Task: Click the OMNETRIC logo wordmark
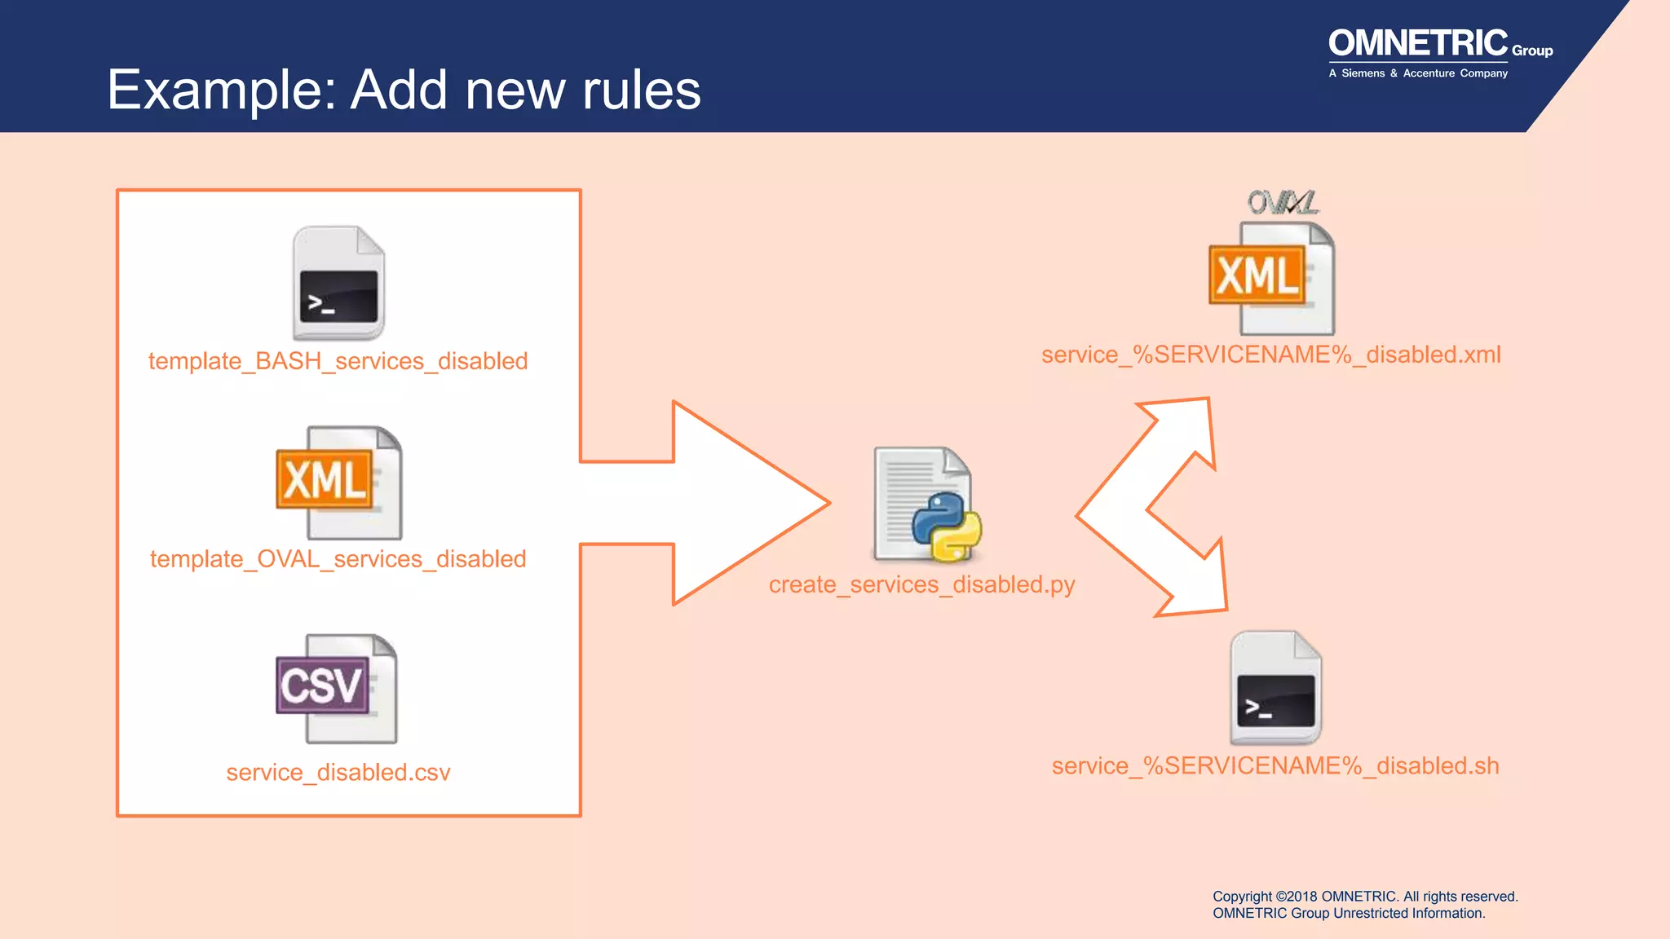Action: point(1418,43)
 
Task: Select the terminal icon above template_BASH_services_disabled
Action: point(338,283)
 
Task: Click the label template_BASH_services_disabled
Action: point(338,361)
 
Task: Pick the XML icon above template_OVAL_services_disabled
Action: point(338,482)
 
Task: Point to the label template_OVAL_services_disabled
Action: point(338,559)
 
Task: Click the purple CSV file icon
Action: point(336,688)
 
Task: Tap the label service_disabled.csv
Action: point(338,772)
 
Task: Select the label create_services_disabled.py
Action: point(921,584)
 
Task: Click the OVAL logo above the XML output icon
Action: point(1283,202)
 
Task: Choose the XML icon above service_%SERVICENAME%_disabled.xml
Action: point(1271,278)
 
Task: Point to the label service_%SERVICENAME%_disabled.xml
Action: point(1270,355)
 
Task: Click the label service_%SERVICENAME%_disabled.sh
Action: point(1275,766)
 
